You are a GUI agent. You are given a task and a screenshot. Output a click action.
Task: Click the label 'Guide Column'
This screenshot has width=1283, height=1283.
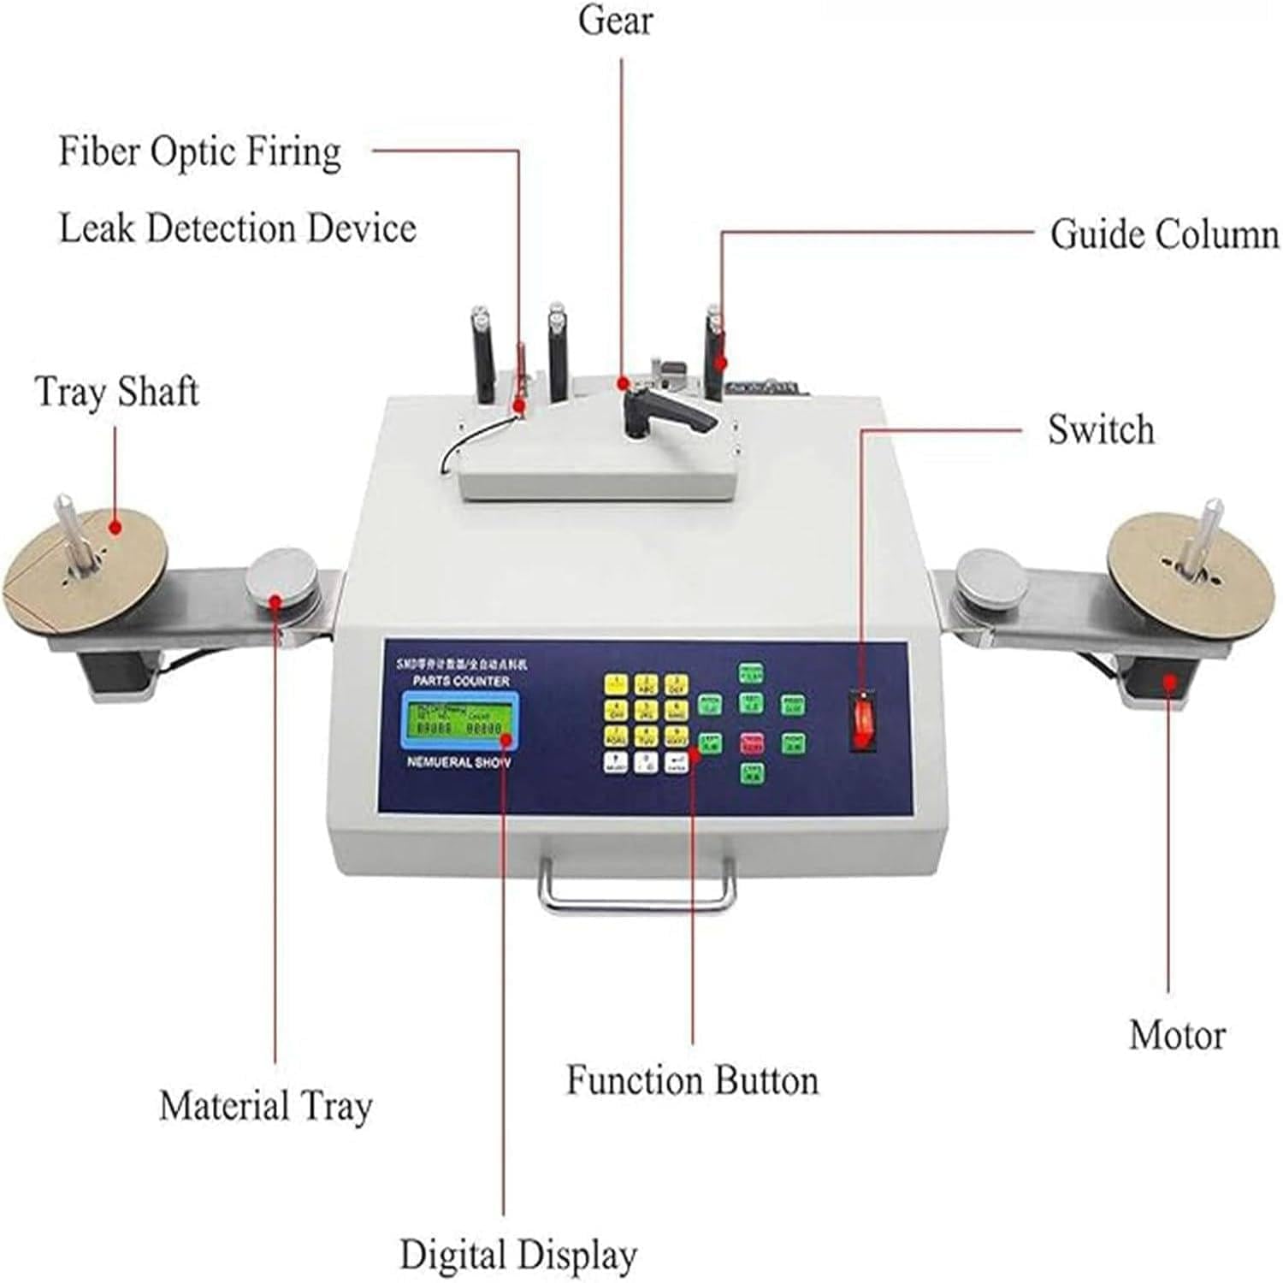coord(1163,234)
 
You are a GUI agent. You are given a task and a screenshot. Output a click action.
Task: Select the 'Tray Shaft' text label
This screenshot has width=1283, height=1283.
coord(117,392)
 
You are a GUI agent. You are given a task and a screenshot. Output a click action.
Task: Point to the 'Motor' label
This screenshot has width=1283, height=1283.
coord(1177,1034)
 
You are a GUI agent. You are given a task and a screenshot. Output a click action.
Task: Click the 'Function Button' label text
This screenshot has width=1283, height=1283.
coord(692,1080)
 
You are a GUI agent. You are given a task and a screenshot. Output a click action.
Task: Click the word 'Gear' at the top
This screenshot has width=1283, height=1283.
coord(615,21)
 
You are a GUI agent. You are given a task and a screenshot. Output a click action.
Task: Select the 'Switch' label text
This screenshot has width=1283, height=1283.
coord(1101,429)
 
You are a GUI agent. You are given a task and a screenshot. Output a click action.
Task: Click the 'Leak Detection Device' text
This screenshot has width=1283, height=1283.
coord(238,228)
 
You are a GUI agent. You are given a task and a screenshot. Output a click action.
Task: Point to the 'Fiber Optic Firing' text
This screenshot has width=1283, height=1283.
coord(200,152)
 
